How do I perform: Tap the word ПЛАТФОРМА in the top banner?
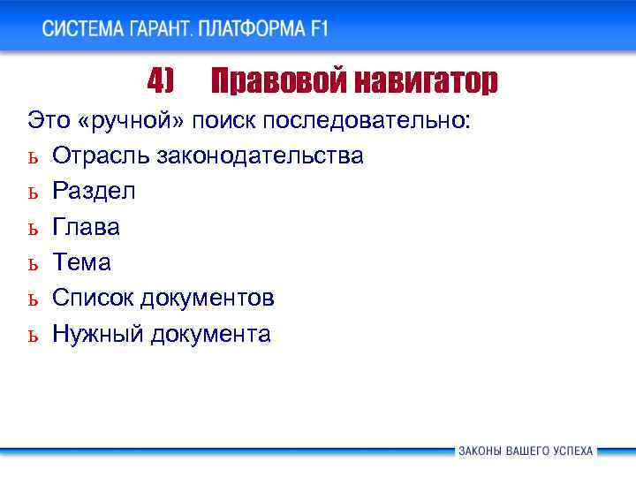point(252,27)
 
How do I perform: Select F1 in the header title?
point(319,27)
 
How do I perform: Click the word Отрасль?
point(102,155)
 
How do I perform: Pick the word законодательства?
point(260,155)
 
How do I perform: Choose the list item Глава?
point(87,227)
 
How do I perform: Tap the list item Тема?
point(81,262)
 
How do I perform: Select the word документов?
point(212,298)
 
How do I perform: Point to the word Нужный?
point(98,334)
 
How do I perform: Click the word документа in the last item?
point(210,334)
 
